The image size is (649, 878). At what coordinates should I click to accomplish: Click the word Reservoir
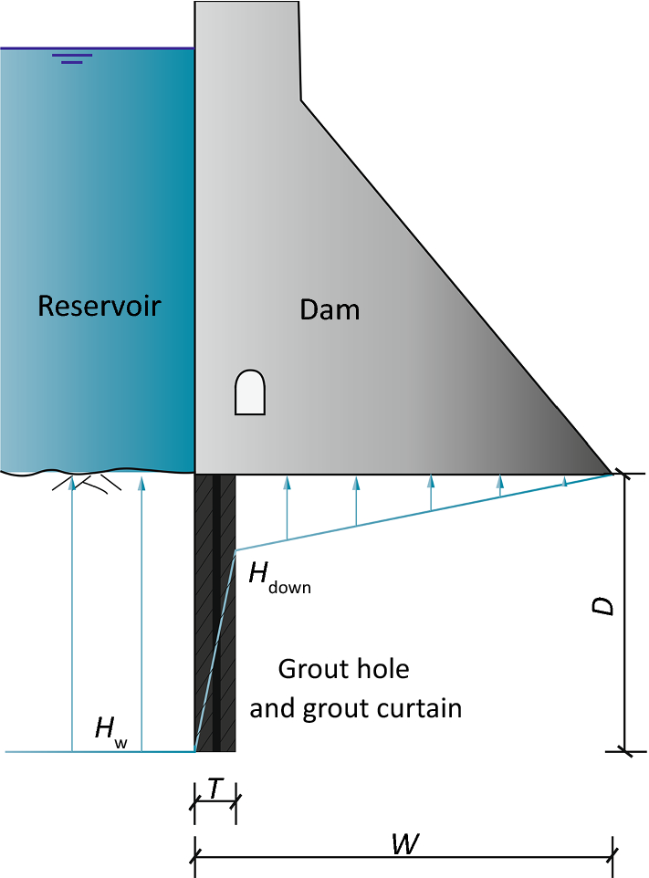[99, 306]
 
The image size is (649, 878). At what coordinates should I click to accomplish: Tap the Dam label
[330, 310]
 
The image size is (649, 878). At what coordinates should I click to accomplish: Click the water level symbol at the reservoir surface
[72, 59]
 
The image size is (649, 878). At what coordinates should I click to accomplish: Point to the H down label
[278, 577]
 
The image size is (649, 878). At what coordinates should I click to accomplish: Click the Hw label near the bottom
[110, 730]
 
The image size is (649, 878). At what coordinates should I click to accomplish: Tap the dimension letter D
[602, 607]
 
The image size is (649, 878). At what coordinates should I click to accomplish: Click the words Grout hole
[343, 669]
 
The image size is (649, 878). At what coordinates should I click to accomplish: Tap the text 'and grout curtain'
[355, 708]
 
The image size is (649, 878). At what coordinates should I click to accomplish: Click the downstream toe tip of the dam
[610, 473]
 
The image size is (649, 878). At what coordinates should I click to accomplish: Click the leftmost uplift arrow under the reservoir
[71, 611]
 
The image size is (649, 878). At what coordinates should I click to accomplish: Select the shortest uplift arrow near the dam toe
[565, 480]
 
